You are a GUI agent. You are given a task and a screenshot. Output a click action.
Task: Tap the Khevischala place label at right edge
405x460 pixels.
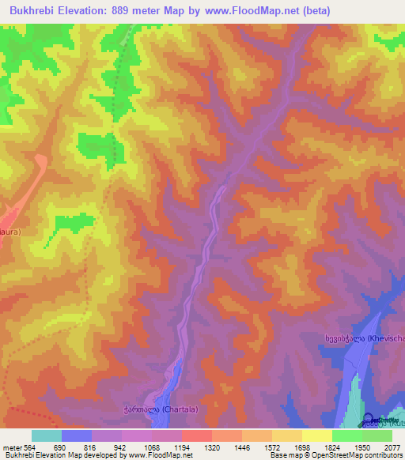[364, 338]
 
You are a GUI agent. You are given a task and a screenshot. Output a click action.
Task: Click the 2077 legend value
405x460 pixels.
[392, 447]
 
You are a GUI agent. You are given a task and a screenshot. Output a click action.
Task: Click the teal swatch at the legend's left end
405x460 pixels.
[47, 435]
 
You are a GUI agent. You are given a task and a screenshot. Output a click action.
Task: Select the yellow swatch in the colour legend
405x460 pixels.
[316, 435]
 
